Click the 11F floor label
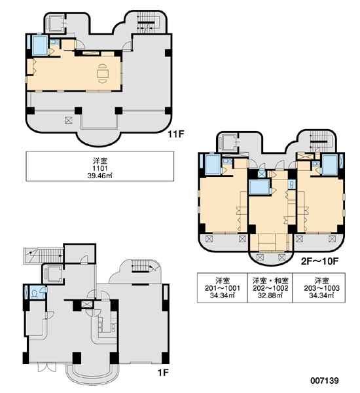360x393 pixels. click(176, 134)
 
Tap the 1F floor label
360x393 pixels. click(163, 373)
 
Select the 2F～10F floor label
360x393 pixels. click(319, 261)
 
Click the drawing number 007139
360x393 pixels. click(325, 381)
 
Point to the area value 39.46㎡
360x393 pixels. click(99, 176)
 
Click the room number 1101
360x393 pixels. click(100, 168)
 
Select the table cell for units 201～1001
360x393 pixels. click(222, 288)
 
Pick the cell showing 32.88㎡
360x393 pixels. click(270, 295)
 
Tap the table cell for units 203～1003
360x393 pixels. click(319, 288)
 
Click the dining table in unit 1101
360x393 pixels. click(103, 73)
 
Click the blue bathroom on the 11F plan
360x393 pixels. click(39, 45)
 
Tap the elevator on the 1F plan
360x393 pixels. click(54, 274)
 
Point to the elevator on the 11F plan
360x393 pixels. click(55, 24)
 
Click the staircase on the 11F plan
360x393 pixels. click(146, 24)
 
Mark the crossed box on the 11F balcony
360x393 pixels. click(68, 121)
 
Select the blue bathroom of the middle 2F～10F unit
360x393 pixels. click(259, 187)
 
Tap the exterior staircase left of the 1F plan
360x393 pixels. click(43, 255)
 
